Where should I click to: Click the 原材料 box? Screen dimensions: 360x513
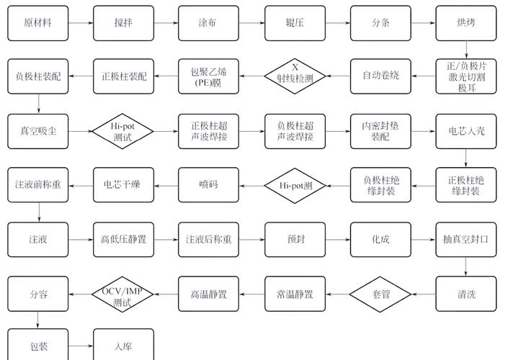(37, 22)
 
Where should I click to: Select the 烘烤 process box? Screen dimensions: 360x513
(465, 22)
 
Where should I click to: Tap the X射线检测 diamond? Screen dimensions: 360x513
(295, 76)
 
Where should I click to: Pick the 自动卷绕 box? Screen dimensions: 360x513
(380, 76)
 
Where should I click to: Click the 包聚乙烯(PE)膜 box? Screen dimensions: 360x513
(209, 76)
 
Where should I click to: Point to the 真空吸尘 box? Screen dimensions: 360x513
(37, 131)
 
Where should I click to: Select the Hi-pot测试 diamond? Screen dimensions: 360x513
(123, 131)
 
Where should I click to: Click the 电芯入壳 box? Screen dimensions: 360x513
(465, 131)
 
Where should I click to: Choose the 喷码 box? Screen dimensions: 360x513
(209, 185)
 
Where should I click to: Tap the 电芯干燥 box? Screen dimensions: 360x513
(123, 185)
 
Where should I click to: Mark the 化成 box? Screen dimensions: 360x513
(380, 239)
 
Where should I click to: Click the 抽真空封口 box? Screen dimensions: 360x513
(465, 239)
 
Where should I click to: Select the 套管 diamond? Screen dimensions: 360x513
(380, 294)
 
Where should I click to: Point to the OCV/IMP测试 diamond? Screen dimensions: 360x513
(123, 294)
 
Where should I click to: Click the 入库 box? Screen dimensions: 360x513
(123, 346)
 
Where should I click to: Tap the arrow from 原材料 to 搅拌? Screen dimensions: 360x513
(81, 22)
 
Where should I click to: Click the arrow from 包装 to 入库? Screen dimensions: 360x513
(81, 346)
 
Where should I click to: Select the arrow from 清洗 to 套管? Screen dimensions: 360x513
(422, 294)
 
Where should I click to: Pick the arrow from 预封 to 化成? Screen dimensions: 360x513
(337, 239)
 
